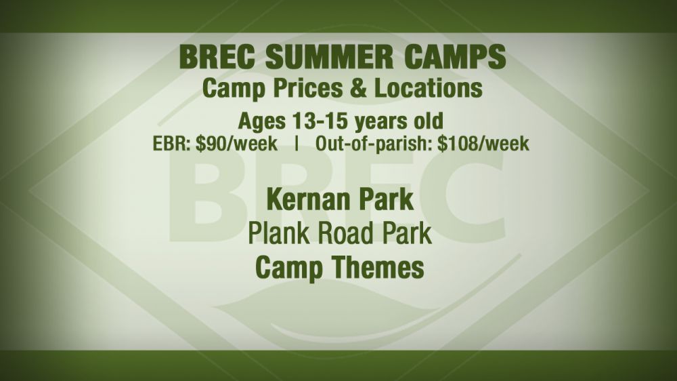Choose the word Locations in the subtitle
[428, 88]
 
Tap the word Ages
[261, 122]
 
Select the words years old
[399, 122]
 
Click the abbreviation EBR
[171, 144]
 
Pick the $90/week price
[236, 144]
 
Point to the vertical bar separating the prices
[297, 144]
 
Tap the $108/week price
[483, 144]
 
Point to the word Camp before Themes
[289, 268]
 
